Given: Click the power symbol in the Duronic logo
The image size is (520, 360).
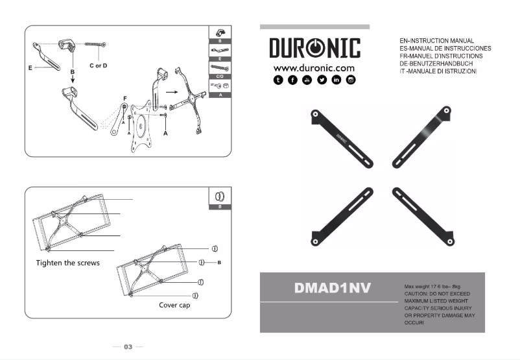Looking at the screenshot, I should point(314,49).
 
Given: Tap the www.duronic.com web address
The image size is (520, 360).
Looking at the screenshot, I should point(314,67).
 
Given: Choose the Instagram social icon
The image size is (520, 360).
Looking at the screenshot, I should point(351,80).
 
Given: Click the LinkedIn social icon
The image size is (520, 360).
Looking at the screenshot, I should point(336,80).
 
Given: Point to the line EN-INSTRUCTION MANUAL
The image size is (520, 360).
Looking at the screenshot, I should point(437,41).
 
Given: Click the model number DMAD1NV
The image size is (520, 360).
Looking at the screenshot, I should point(333,287).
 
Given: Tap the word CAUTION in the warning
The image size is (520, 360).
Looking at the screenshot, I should point(418,294).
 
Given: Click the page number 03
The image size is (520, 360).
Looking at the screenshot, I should point(128,347).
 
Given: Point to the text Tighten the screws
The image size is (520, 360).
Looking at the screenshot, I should point(67,263).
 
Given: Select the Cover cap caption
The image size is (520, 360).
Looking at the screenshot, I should point(174,305).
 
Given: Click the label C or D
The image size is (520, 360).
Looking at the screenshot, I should point(98,66).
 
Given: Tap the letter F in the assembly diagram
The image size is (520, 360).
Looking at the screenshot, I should point(124,98).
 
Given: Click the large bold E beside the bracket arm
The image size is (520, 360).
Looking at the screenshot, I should point(30,67).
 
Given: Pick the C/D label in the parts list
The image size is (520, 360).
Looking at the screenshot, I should point(220,77).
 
